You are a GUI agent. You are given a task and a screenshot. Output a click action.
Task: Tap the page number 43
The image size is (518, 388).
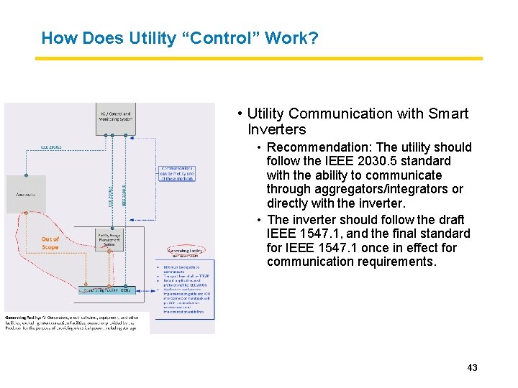472,368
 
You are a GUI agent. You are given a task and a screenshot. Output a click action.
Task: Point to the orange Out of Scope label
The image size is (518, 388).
50,244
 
